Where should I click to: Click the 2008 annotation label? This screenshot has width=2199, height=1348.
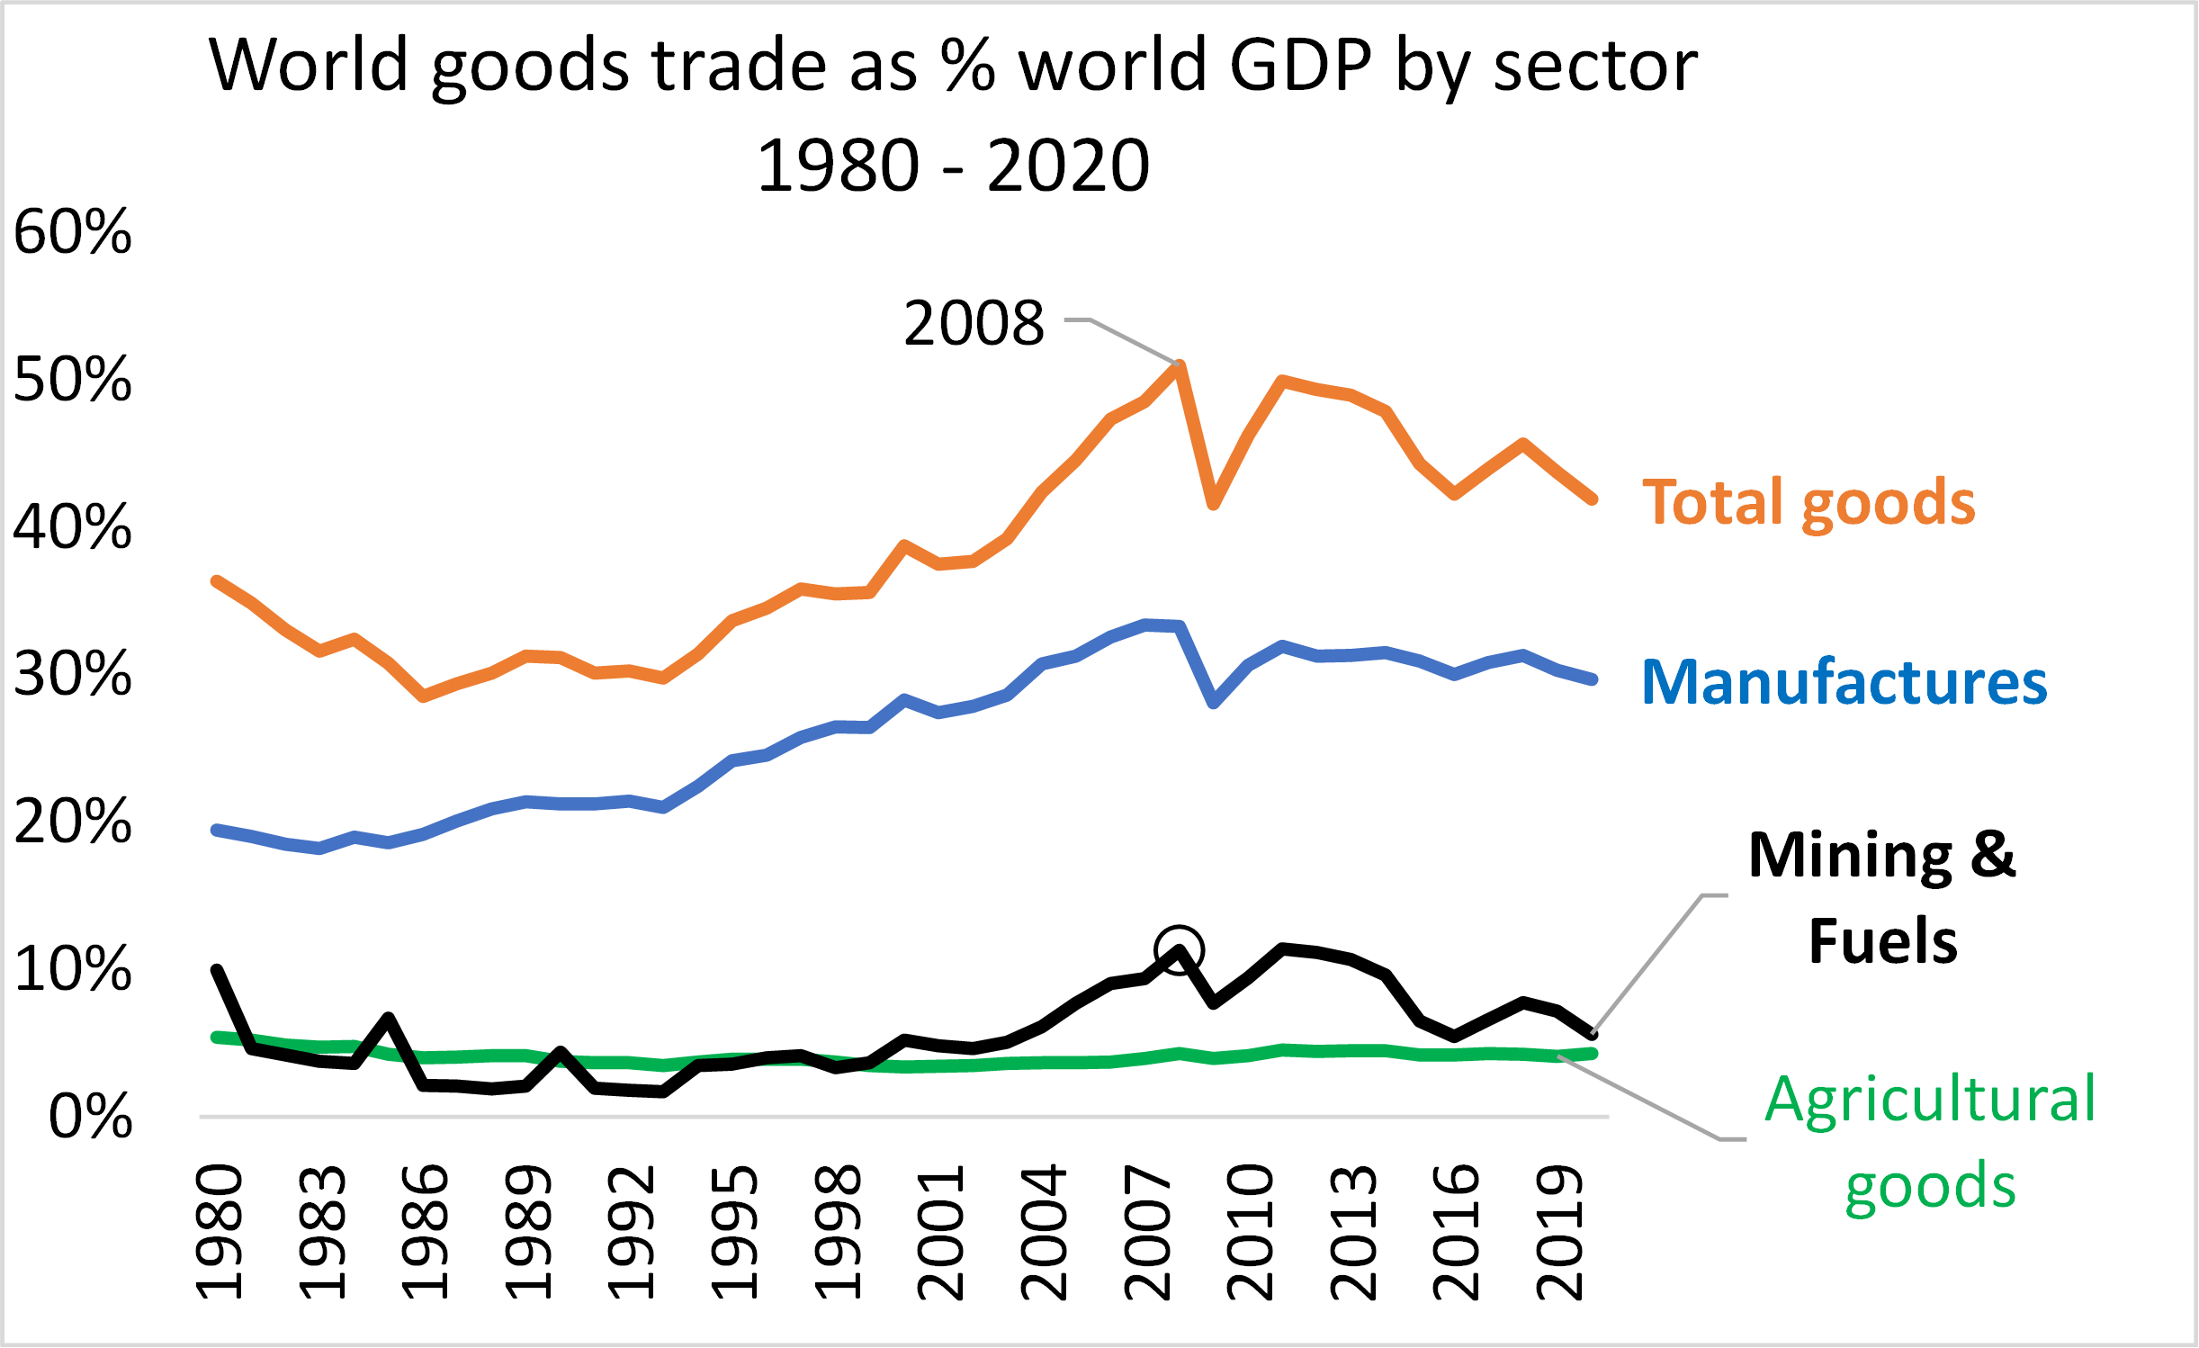[974, 323]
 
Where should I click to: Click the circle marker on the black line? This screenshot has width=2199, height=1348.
[1179, 950]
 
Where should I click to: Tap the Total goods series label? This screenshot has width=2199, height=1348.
[1809, 502]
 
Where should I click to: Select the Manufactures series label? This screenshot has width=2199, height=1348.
[1844, 682]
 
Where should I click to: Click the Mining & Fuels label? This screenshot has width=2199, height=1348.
[1882, 897]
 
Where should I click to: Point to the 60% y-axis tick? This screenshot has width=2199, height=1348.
[72, 232]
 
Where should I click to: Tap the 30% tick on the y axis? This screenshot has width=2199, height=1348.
[72, 674]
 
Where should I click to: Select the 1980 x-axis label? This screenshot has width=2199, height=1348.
[220, 1232]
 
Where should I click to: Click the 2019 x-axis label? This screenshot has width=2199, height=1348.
[1560, 1232]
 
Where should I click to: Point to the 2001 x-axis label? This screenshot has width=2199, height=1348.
[941, 1232]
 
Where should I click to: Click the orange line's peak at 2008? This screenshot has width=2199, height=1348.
[1180, 365]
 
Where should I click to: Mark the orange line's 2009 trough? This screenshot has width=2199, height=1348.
[1213, 504]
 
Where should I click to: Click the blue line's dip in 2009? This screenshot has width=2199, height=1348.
[1214, 703]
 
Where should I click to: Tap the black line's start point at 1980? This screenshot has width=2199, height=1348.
[217, 970]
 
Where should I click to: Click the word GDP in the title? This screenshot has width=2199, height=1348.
[1300, 65]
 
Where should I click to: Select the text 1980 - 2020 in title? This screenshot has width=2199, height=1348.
[953, 166]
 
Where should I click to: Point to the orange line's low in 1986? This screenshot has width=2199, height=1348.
[423, 696]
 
